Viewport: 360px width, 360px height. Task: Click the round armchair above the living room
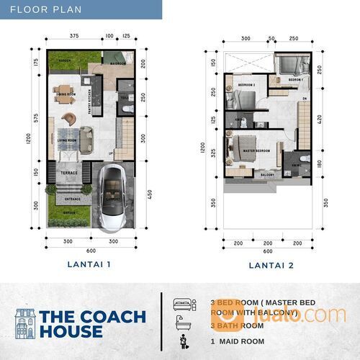[x=68, y=117]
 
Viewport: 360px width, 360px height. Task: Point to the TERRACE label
[x=68, y=174]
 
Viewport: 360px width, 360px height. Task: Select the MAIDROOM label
[x=118, y=63]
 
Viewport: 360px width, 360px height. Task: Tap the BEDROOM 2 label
[x=247, y=84]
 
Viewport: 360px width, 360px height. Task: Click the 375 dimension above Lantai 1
[x=74, y=35]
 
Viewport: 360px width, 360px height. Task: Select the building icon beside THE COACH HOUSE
[x=25, y=323]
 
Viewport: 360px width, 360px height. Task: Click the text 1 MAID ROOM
[x=238, y=341]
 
